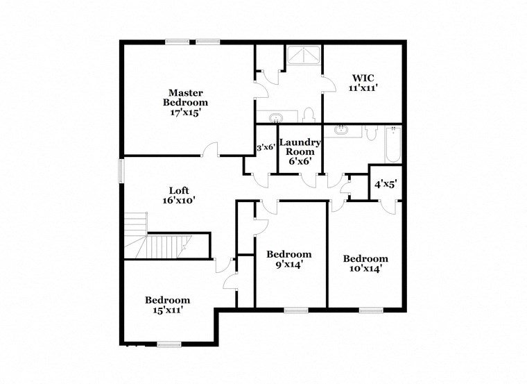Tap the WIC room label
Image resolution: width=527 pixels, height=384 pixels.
click(362, 83)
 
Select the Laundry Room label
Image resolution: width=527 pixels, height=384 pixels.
click(300, 151)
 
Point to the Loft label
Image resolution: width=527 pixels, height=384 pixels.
click(179, 195)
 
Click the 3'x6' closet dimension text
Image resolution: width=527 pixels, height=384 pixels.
click(266, 147)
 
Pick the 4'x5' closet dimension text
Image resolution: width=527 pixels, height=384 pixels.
click(385, 185)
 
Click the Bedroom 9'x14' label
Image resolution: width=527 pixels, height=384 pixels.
click(289, 259)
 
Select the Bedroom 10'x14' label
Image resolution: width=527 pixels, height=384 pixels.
click(365, 262)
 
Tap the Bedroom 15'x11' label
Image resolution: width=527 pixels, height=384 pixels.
click(167, 305)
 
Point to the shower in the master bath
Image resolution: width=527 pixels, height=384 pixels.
click(302, 56)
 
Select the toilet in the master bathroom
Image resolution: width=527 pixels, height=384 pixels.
click(309, 115)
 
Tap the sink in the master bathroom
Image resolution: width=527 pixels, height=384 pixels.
click(276, 116)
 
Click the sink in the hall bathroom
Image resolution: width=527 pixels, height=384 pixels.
click(342, 130)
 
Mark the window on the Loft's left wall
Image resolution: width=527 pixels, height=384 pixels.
click(121, 170)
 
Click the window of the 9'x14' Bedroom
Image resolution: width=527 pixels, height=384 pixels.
click(296, 310)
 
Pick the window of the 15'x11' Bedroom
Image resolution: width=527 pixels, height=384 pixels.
click(169, 344)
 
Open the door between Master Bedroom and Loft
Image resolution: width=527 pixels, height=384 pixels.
click(211, 149)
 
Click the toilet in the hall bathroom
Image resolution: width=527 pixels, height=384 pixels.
click(370, 131)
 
